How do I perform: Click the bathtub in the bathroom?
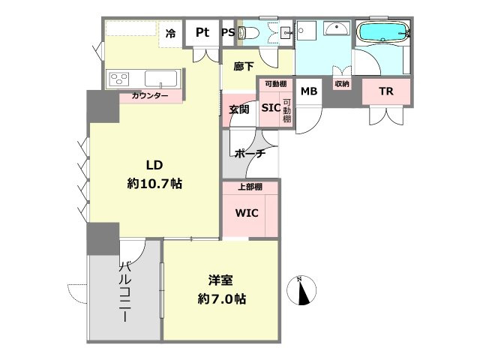click(x=384, y=31)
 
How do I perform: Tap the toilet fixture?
click(x=249, y=31)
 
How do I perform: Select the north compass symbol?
click(x=301, y=291)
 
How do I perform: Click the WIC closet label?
click(x=247, y=213)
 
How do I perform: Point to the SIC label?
click(x=271, y=107)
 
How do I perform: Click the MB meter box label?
click(x=309, y=91)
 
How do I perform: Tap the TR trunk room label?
click(x=386, y=91)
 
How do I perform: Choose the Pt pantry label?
click(x=202, y=32)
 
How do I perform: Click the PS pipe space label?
click(x=228, y=32)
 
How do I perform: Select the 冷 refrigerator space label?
click(x=170, y=33)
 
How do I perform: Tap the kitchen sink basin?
click(x=160, y=79)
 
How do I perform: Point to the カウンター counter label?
click(x=150, y=96)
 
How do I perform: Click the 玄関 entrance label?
click(x=239, y=109)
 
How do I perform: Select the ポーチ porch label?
click(x=250, y=153)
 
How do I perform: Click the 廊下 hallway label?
click(x=243, y=66)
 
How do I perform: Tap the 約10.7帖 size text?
click(x=154, y=184)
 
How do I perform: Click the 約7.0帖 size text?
click(x=222, y=298)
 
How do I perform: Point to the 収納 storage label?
click(x=342, y=83)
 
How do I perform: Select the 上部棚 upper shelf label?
click(x=250, y=187)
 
